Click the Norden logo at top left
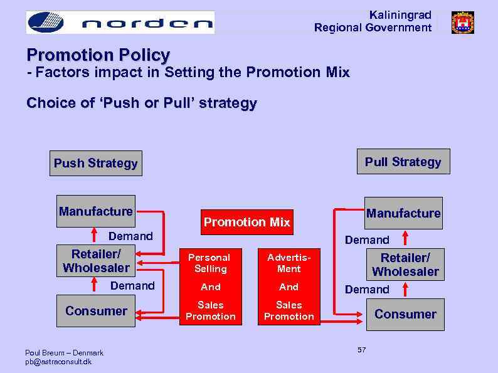click(120, 23)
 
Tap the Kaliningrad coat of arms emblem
click(463, 23)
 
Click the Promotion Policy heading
click(98, 56)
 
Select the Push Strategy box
click(95, 164)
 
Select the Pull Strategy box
click(403, 162)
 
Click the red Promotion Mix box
click(246, 222)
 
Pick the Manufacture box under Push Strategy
click(95, 211)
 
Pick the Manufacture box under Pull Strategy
click(403, 213)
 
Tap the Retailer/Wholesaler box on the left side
click(96, 261)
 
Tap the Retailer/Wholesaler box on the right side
click(405, 265)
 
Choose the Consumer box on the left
click(96, 311)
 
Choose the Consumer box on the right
click(405, 314)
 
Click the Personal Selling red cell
click(210, 263)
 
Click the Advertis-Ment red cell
click(289, 263)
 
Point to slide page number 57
click(362, 350)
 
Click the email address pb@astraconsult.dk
click(58, 362)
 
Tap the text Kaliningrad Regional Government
click(373, 21)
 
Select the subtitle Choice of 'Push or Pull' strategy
click(142, 103)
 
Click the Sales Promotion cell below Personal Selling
click(210, 311)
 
